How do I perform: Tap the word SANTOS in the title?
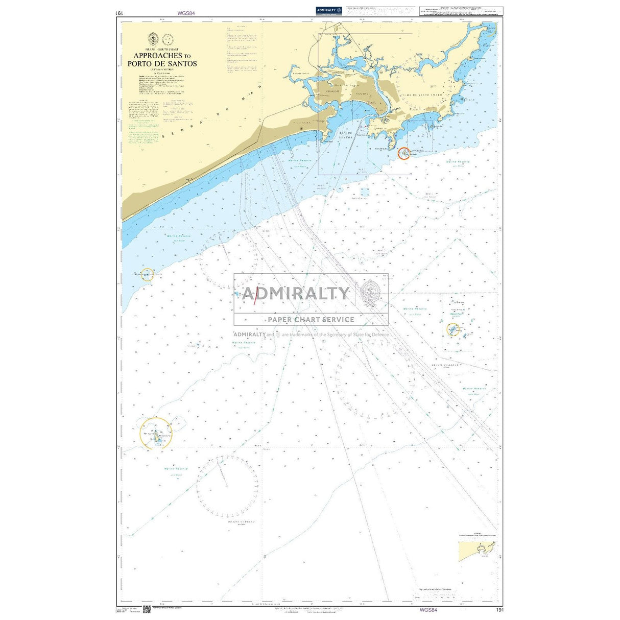tap(183, 64)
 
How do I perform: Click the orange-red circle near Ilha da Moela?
tap(403, 153)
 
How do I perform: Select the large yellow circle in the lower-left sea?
tap(156, 434)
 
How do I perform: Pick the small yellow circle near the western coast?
tap(147, 274)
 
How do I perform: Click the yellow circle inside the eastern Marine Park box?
tap(453, 329)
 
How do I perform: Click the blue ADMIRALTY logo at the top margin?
tap(328, 10)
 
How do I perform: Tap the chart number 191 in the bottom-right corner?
tap(499, 610)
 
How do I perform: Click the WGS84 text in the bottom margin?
tap(428, 610)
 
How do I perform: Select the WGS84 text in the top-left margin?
tap(186, 13)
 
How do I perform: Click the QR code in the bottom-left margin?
tap(146, 609)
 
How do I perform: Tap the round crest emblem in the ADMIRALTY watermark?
tap(371, 292)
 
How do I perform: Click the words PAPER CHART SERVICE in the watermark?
tap(311, 320)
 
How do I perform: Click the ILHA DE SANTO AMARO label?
tap(427, 96)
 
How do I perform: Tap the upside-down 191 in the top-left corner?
tap(120, 13)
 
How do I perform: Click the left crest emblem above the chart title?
tap(152, 39)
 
